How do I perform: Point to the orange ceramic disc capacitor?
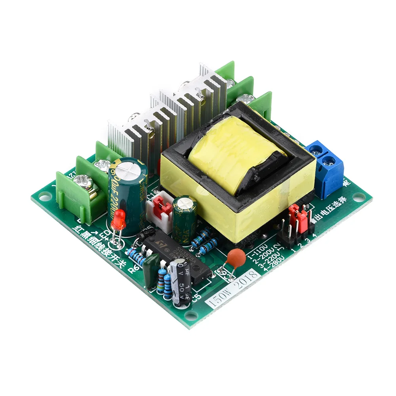(x=234, y=256)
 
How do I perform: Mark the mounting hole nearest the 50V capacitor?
(x=191, y=316)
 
